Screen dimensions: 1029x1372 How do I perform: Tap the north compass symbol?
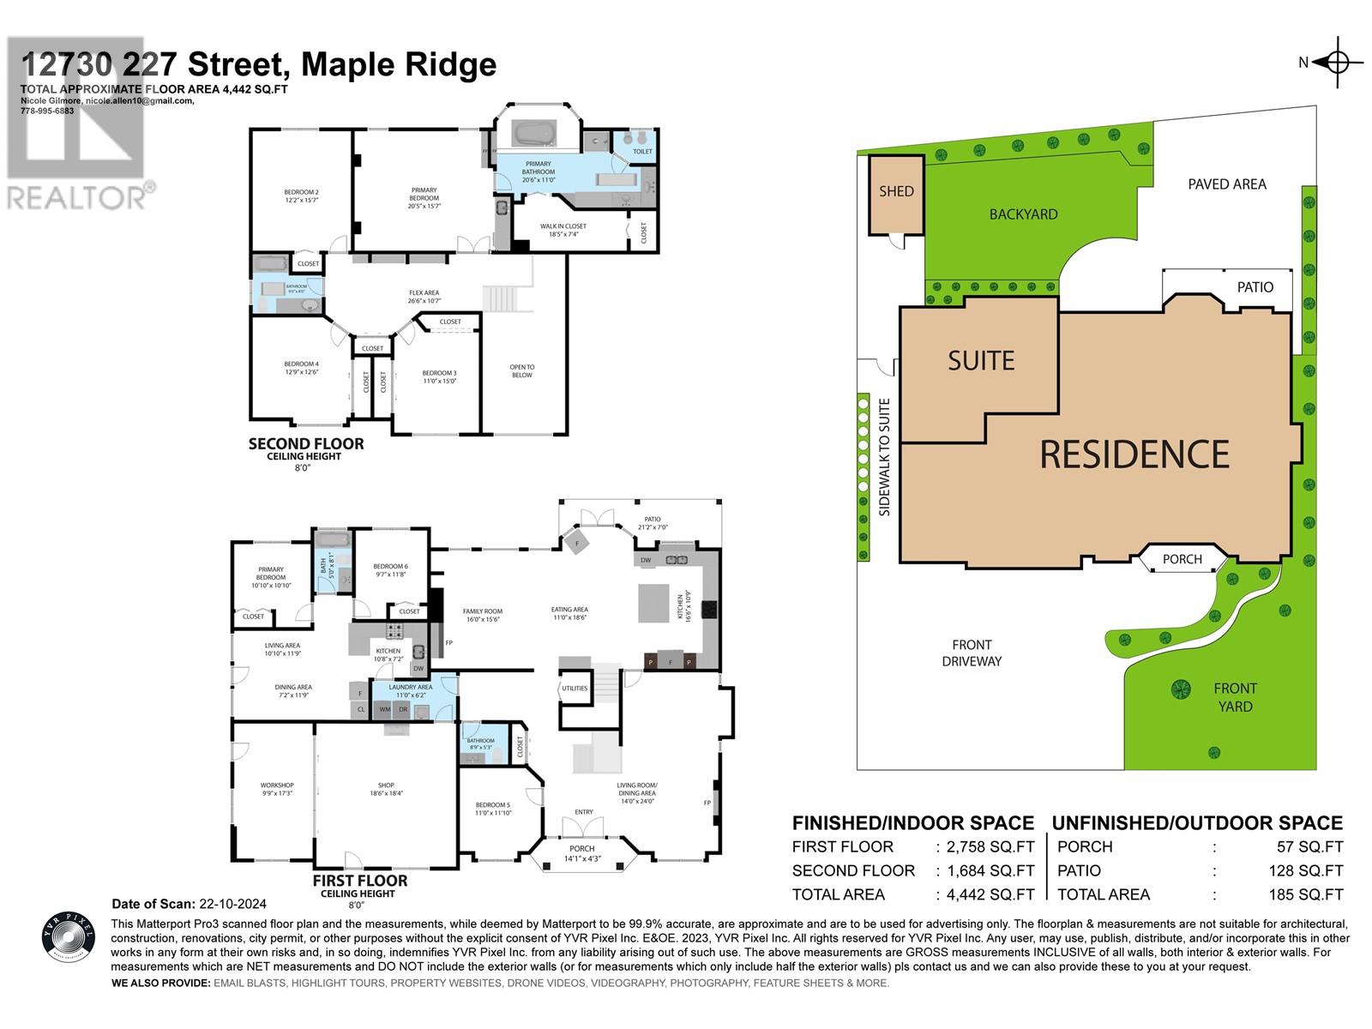coord(1338,62)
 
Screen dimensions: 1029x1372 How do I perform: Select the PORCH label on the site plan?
coord(1182,559)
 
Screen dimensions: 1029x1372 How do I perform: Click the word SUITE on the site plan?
coord(981,361)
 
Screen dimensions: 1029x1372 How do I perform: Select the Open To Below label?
coord(521,371)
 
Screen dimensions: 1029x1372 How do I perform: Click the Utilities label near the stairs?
coord(574,688)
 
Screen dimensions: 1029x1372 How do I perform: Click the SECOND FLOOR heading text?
coord(306,444)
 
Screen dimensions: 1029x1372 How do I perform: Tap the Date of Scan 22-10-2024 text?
coord(190,904)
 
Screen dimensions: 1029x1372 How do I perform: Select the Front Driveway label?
coord(972,653)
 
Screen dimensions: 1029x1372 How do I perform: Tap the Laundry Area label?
coord(410,687)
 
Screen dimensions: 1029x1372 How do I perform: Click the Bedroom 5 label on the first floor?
coord(493,809)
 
